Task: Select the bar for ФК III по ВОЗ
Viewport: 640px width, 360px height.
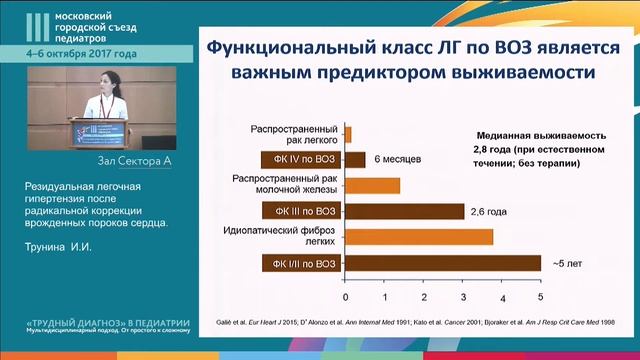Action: (x=404, y=211)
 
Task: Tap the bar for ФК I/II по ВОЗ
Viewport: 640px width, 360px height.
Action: (x=442, y=264)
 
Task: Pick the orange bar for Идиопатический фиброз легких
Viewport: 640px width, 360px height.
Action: (x=419, y=237)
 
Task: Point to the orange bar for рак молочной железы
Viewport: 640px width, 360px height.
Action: (x=372, y=185)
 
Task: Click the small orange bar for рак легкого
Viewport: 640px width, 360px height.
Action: (x=348, y=133)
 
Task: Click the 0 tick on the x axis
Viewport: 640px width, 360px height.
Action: (x=345, y=298)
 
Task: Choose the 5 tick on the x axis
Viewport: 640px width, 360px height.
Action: (x=540, y=298)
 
